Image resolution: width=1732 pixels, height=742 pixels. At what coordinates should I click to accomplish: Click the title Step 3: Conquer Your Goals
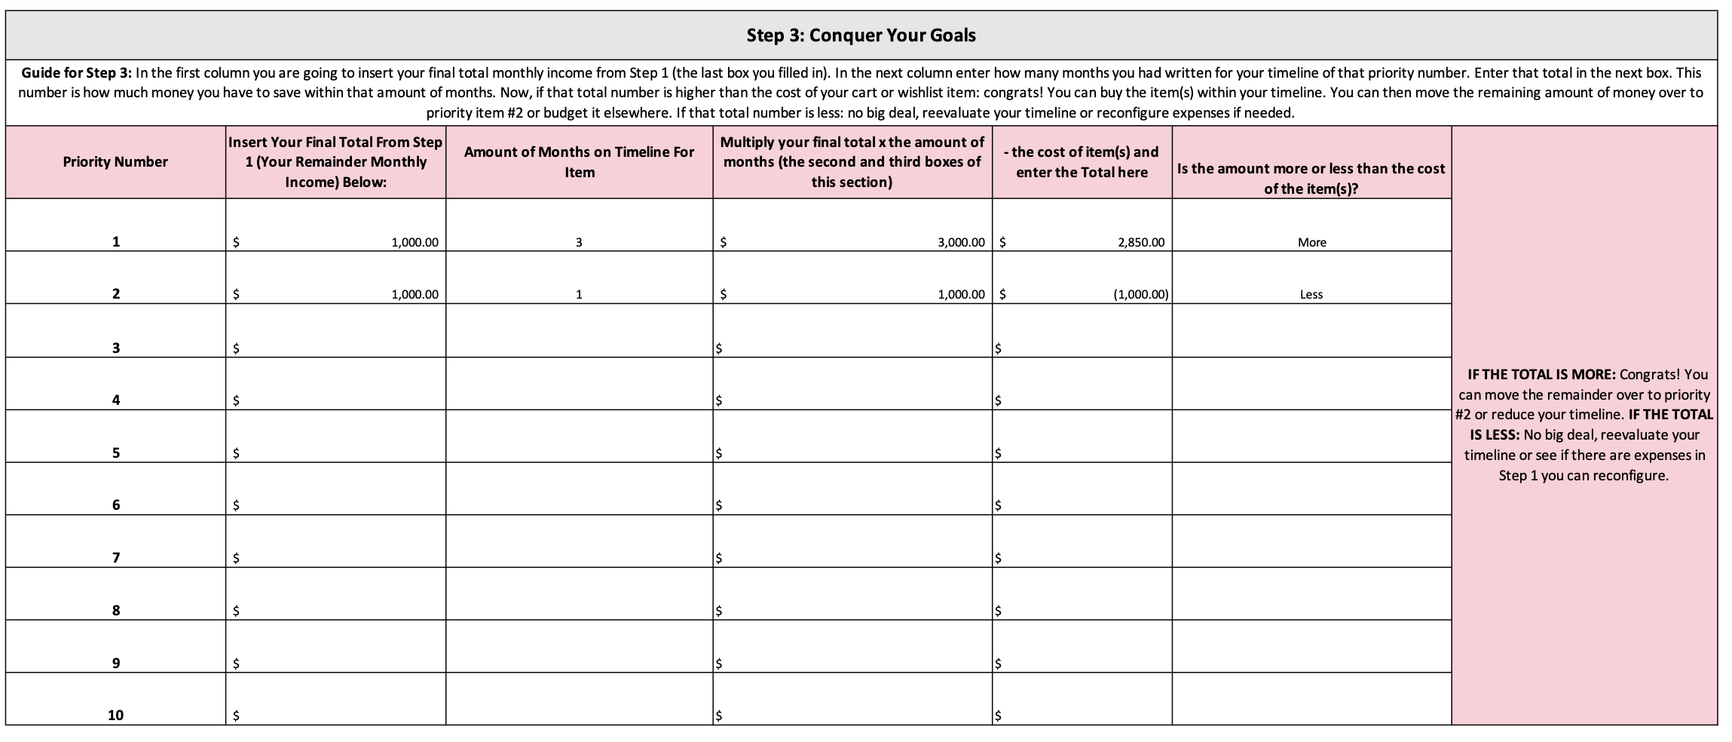(861, 35)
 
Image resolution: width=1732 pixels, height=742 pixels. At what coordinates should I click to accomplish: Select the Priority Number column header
(115, 162)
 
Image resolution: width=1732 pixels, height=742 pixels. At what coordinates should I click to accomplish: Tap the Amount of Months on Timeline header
(579, 162)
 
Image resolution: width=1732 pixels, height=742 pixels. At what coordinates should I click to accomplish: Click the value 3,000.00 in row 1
(960, 243)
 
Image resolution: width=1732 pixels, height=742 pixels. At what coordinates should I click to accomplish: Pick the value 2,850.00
(1141, 243)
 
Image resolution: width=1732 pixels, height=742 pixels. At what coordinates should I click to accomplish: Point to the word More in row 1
(1311, 243)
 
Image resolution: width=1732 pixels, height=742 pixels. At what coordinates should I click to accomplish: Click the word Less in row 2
(1311, 295)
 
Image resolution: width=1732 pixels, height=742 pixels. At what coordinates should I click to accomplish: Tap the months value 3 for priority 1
(579, 243)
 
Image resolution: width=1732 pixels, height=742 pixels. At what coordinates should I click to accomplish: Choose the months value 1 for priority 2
(579, 295)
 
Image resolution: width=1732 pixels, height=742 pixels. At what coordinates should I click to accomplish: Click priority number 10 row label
(115, 715)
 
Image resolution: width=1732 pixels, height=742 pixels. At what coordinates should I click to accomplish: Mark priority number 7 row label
(115, 558)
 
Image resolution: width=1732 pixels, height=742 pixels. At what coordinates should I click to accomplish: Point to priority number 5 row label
(115, 453)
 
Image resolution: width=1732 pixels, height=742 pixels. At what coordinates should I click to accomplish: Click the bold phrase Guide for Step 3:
(77, 73)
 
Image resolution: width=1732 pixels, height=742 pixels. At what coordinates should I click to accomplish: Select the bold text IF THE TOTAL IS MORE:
(1542, 375)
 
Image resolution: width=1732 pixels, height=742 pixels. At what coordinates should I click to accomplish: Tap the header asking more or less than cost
(1311, 178)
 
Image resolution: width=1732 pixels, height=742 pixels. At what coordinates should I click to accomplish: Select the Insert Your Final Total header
(335, 162)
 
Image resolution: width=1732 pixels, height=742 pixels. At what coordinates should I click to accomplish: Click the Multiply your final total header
(852, 162)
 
